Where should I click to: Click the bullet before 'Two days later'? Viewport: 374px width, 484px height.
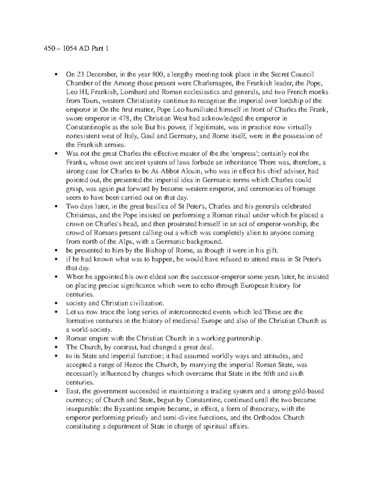tap(56, 207)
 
